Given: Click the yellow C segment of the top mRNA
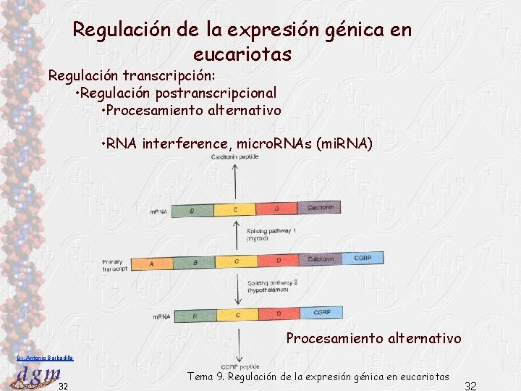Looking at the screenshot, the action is pos(235,210).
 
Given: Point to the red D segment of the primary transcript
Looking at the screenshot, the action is pos(279,261).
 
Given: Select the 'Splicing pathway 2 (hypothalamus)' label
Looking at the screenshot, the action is pos(272,286).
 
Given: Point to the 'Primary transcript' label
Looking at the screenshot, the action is pos(115,264).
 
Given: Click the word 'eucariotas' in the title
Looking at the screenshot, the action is pos(242,54).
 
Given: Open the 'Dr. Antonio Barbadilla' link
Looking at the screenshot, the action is pos(45,358).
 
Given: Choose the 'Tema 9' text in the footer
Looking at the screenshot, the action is pos(207,377).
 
